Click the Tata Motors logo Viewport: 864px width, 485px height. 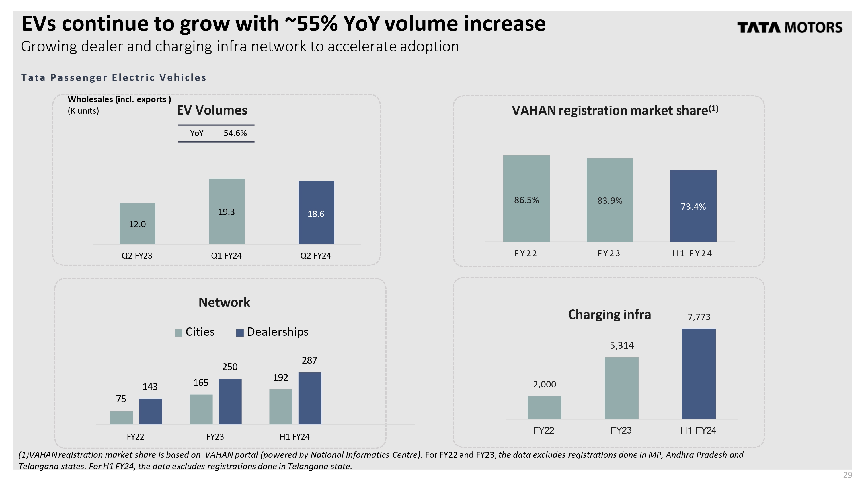pos(789,28)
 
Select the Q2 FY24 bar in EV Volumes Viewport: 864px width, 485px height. pos(316,212)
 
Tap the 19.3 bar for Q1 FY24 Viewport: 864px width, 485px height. pos(227,211)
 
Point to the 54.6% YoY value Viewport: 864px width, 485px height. pos(235,133)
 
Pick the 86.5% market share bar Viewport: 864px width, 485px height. pos(526,198)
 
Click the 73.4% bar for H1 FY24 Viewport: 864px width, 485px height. pos(693,206)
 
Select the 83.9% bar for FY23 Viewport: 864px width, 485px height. pos(609,200)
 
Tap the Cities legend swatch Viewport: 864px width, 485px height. pos(179,333)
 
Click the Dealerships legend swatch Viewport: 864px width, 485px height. pos(240,333)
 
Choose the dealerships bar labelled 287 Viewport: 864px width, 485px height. pos(310,398)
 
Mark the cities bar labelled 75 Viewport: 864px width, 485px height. pos(121,418)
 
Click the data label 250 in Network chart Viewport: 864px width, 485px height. pos(230,367)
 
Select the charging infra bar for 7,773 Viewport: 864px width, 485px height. pos(698,374)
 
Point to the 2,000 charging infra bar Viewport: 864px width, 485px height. pos(544,408)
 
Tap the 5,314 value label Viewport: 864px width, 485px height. pos(621,345)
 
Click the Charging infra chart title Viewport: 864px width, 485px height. pos(609,315)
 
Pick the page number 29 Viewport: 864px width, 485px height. pos(847,475)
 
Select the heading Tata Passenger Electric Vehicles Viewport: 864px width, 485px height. pos(114,77)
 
